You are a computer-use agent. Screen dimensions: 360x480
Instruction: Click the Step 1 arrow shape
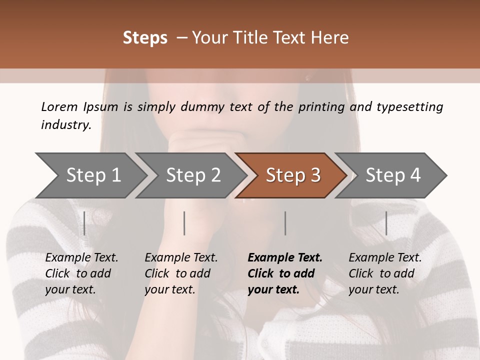click(90, 175)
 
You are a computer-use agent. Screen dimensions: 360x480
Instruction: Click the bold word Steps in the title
click(145, 38)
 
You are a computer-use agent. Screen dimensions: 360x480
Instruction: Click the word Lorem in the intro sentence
click(59, 106)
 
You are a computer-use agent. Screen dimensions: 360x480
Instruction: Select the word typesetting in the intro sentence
click(409, 106)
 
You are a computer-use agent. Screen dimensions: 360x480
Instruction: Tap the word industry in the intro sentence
click(65, 124)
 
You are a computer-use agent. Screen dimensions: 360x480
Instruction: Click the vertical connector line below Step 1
click(84, 223)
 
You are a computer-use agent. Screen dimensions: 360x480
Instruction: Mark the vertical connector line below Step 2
click(184, 223)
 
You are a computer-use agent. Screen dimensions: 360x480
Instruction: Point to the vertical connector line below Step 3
click(285, 223)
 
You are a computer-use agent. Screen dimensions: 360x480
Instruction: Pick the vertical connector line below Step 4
click(386, 223)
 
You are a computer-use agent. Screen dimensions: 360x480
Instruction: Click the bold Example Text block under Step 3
click(284, 273)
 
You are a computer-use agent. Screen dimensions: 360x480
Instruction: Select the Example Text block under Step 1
click(81, 273)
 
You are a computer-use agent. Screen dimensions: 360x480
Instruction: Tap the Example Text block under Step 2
click(181, 273)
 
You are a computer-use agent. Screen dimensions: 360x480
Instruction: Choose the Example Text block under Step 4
click(385, 273)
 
